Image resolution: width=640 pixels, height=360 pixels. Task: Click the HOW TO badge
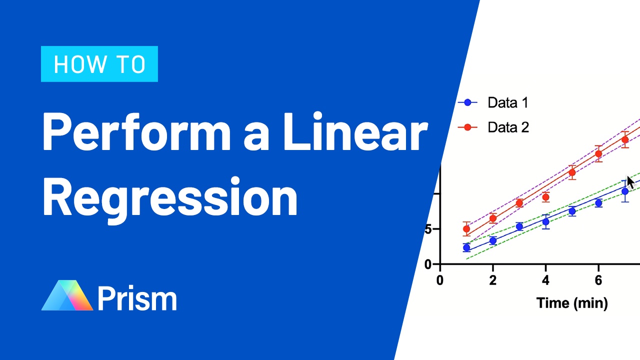(99, 64)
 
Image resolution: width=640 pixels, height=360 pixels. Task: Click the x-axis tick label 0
(440, 280)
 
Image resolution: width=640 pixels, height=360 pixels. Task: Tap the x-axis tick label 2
(493, 280)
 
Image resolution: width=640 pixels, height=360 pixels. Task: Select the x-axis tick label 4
(545, 280)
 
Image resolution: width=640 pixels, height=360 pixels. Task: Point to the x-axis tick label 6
(598, 280)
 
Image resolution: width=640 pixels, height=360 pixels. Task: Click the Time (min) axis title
(572, 302)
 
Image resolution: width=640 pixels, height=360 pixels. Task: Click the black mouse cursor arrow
(630, 182)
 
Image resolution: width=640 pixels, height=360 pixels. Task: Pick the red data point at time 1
(466, 229)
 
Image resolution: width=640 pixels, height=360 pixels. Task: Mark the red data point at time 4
(545, 197)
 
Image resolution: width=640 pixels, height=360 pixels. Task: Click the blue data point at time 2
(493, 240)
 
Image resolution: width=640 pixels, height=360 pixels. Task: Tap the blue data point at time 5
(572, 211)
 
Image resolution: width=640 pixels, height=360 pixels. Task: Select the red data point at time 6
(598, 153)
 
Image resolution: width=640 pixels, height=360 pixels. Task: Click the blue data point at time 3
(519, 226)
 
